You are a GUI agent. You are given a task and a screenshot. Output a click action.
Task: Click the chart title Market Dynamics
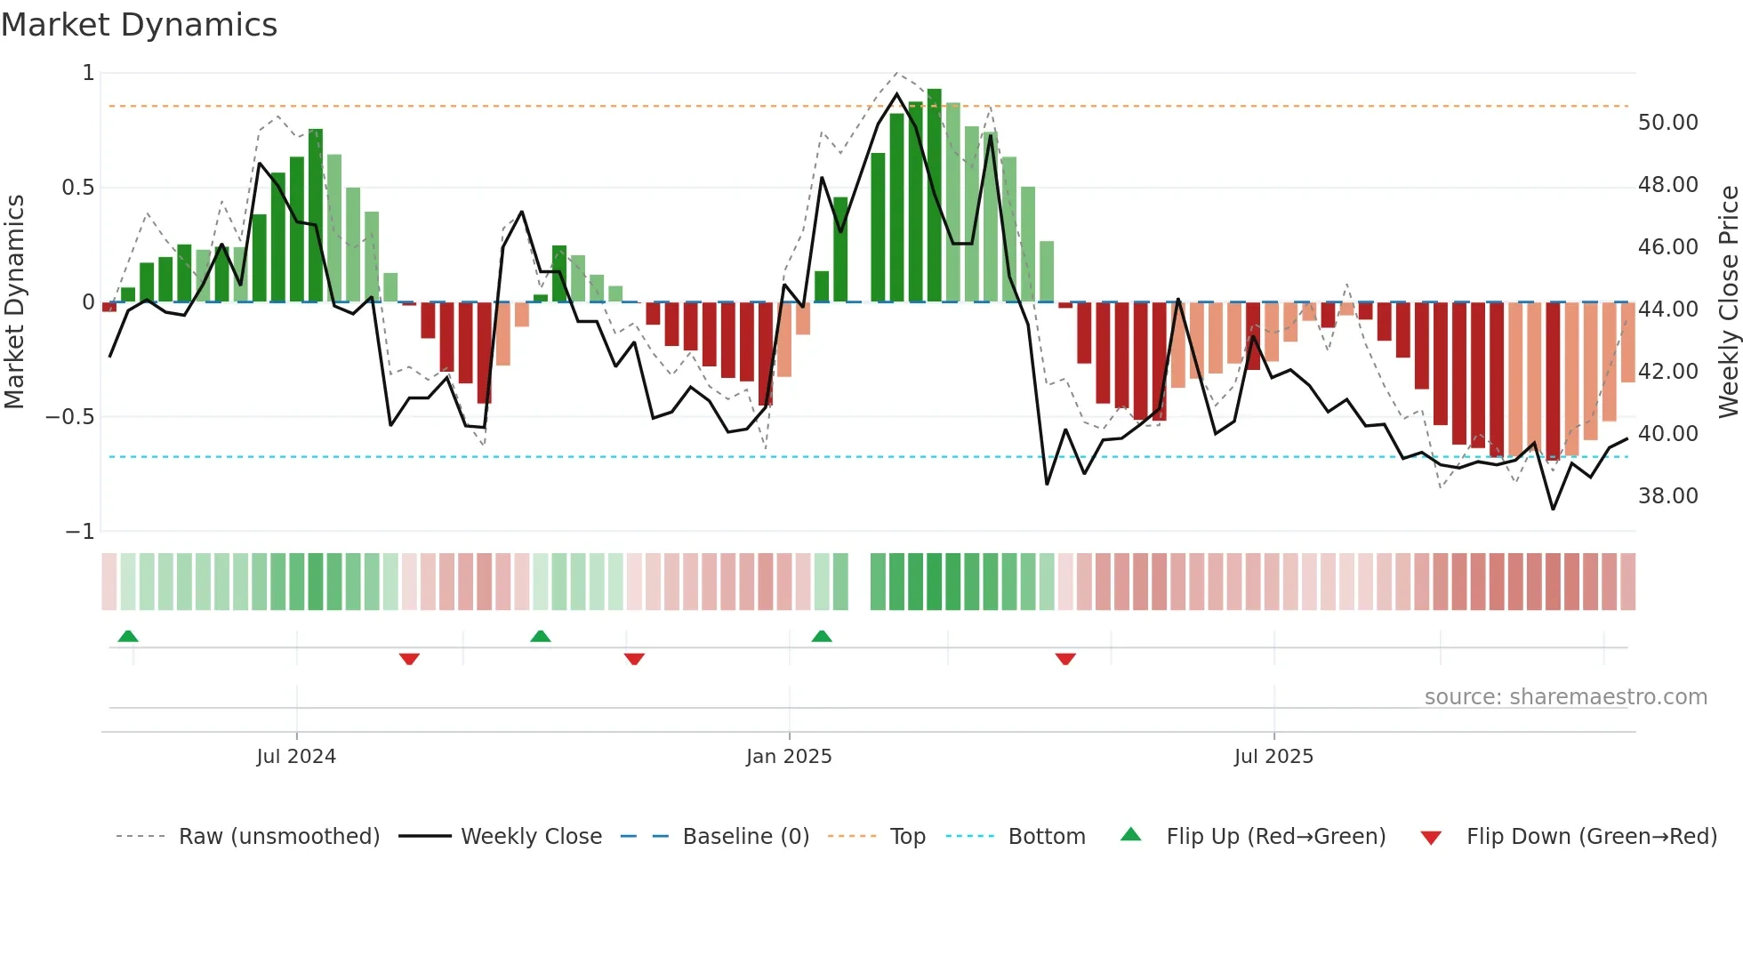click(x=140, y=25)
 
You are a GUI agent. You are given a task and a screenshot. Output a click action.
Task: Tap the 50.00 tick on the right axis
click(x=1667, y=123)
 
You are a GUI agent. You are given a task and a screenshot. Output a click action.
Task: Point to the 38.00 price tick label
click(x=1667, y=496)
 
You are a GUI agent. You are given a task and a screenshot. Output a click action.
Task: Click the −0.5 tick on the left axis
click(x=69, y=417)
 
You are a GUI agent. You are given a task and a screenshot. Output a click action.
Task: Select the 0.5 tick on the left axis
click(x=77, y=188)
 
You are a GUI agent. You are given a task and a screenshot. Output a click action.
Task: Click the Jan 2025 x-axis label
click(x=789, y=757)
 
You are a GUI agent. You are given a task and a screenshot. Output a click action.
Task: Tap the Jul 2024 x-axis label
click(x=296, y=757)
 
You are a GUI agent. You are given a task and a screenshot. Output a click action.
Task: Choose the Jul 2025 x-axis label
click(x=1273, y=757)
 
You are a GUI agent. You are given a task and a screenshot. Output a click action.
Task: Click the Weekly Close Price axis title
click(x=1728, y=301)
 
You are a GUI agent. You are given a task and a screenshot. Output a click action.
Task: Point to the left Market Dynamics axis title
click(x=14, y=301)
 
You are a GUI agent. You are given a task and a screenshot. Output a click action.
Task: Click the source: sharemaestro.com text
click(x=1565, y=697)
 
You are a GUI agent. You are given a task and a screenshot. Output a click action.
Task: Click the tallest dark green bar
click(x=934, y=196)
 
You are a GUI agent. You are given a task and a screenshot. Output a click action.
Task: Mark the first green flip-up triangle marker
click(x=128, y=636)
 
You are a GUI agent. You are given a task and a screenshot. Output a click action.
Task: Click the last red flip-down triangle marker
click(x=1065, y=659)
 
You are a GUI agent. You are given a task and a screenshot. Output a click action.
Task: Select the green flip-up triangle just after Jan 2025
click(x=822, y=636)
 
